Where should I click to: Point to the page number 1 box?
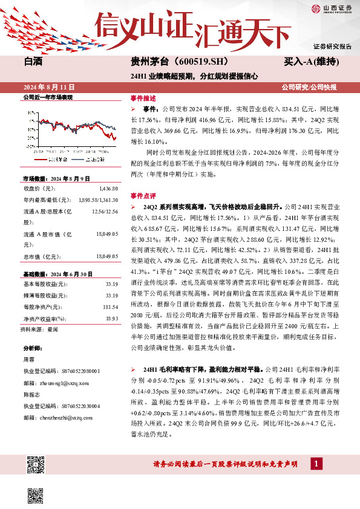click(316, 464)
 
